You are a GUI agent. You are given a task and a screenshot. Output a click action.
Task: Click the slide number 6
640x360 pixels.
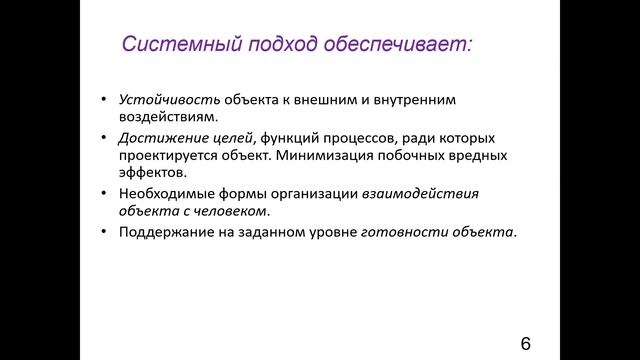coord(526,343)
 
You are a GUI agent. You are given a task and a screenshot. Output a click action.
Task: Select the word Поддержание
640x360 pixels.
coord(163,232)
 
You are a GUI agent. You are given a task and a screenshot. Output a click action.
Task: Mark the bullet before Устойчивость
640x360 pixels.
coord(105,101)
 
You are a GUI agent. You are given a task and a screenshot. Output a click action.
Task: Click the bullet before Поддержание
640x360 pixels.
coord(105,232)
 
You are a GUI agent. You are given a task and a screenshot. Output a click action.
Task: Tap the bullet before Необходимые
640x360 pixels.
coord(105,193)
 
